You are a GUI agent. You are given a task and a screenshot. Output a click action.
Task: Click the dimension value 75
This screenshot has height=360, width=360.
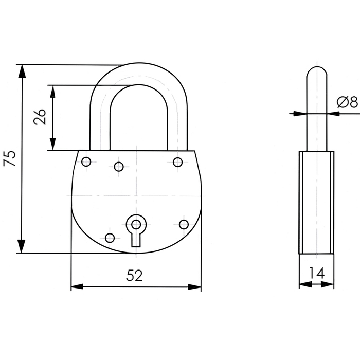(x=10, y=158)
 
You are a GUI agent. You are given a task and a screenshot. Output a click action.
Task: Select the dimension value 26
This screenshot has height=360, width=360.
(x=40, y=117)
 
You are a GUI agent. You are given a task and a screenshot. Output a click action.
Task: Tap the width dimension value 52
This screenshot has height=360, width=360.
(x=134, y=276)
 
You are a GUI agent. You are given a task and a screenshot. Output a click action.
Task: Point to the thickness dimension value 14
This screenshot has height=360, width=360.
(x=317, y=273)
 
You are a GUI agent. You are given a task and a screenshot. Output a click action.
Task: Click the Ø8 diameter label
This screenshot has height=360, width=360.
(x=347, y=102)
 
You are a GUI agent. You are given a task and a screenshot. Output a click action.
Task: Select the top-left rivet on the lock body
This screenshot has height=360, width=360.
(x=86, y=161)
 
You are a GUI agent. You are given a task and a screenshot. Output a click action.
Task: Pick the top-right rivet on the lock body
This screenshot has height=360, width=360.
(x=178, y=162)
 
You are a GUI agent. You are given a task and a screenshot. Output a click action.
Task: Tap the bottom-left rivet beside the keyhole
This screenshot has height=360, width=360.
(x=110, y=238)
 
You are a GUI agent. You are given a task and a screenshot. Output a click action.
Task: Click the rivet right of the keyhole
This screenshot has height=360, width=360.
(x=184, y=225)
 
